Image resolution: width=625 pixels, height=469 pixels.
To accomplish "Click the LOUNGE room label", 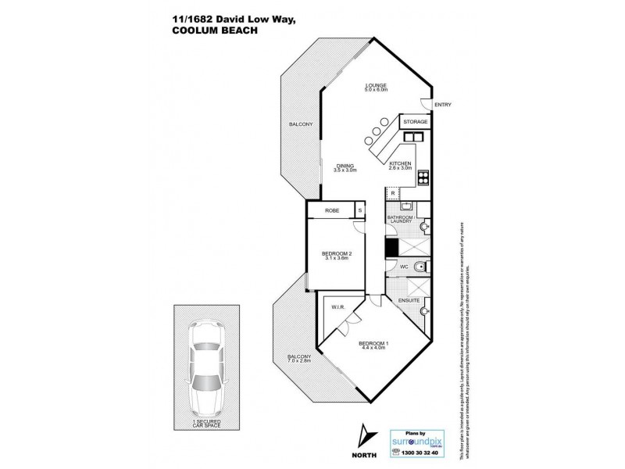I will tap(377, 85).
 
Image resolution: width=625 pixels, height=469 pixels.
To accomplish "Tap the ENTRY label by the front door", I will tap(442, 105).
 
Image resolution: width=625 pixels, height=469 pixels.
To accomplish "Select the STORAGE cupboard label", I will tap(415, 123).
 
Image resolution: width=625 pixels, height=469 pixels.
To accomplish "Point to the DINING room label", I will tap(345, 166).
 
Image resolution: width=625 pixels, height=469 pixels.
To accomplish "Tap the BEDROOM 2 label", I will tap(337, 253).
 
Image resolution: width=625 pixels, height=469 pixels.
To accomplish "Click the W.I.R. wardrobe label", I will tap(339, 306).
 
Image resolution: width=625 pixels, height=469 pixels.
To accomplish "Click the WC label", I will tap(405, 267).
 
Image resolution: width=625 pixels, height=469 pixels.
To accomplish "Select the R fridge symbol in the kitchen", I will tap(393, 192).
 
